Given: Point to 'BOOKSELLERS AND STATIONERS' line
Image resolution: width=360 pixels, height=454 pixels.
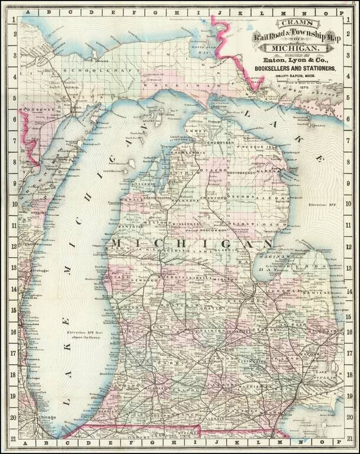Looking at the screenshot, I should [x=291, y=69].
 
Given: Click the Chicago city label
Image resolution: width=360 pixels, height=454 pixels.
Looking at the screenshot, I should [x=47, y=418].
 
